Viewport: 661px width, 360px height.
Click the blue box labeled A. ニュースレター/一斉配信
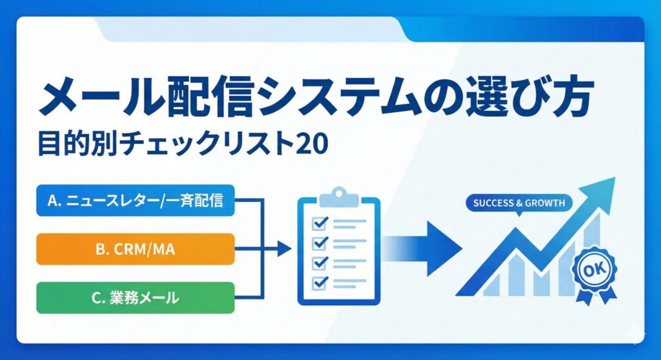click(x=136, y=200)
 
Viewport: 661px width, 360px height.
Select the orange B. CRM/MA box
click(x=136, y=249)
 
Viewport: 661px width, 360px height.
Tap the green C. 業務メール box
click(x=136, y=297)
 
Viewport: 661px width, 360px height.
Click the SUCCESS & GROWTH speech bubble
click(x=519, y=203)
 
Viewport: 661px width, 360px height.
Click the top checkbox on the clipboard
click(x=320, y=223)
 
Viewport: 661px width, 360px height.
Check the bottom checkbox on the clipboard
click(x=320, y=282)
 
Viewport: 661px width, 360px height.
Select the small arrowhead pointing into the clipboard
click(x=285, y=249)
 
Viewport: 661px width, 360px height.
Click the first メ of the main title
click(x=59, y=99)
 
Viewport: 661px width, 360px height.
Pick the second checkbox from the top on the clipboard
click(x=320, y=243)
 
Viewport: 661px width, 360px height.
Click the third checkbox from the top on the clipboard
click(x=320, y=263)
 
